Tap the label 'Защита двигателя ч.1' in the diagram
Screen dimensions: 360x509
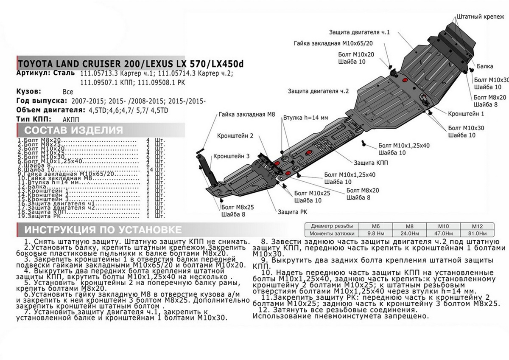(x=359, y=32)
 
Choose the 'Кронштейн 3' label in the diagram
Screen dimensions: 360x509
(x=231, y=156)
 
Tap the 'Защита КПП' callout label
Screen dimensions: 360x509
(x=370, y=162)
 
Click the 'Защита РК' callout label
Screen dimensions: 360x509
(x=293, y=211)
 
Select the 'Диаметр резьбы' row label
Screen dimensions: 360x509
(x=333, y=226)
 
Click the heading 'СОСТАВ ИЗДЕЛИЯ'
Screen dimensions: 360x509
(x=73, y=130)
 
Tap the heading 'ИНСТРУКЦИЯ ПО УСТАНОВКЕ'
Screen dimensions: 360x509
(x=103, y=230)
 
